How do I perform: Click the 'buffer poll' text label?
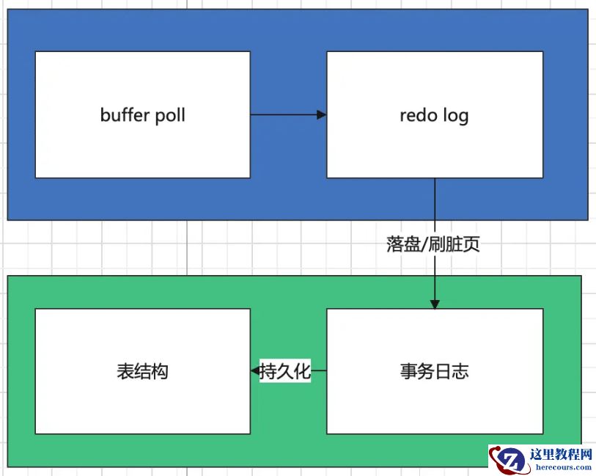pos(143,115)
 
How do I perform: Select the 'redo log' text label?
pos(434,115)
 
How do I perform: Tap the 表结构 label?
pos(142,371)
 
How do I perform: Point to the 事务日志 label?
pos(434,371)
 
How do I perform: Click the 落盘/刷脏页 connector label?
pos(433,244)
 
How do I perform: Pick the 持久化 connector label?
pos(286,371)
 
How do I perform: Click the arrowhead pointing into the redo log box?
pos(321,114)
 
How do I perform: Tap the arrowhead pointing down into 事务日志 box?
pos(435,304)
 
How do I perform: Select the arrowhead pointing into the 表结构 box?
pos(255,371)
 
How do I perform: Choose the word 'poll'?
pos(169,115)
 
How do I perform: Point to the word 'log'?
pos(456,116)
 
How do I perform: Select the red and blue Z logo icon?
pos(508,461)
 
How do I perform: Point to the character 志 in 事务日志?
pos(460,371)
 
